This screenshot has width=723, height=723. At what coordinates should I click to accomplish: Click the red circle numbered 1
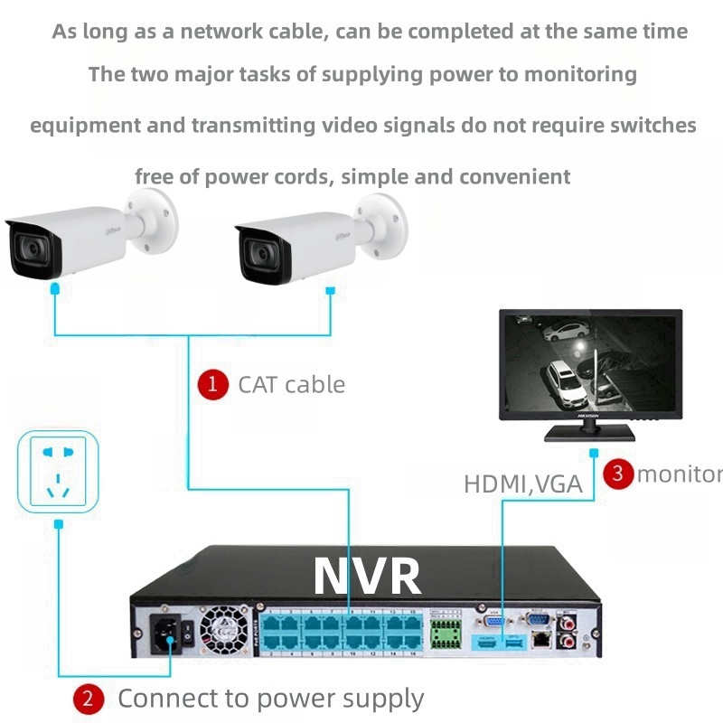[212, 384]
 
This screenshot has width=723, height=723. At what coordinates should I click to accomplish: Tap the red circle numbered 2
[88, 698]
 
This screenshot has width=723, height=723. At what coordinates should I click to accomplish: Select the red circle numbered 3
[618, 473]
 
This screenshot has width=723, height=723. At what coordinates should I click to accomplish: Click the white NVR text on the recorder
[367, 575]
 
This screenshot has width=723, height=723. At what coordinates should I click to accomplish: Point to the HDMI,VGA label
[522, 484]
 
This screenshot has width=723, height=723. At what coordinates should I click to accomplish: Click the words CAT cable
[291, 384]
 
